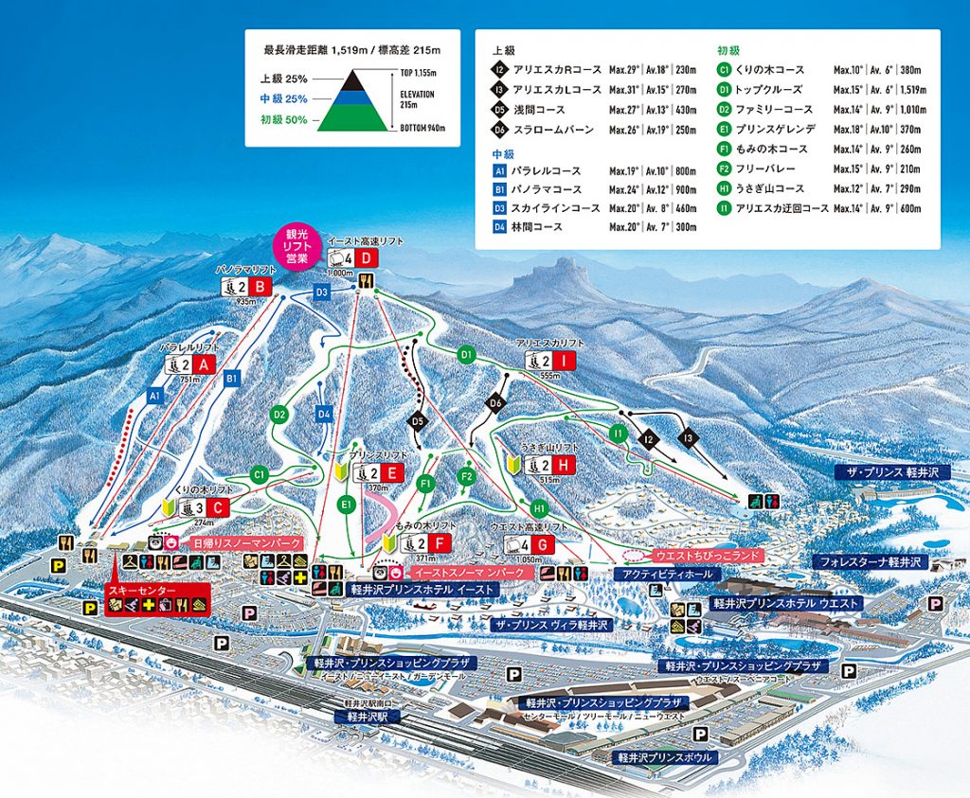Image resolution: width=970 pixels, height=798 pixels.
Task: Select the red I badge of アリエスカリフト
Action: (x=565, y=360)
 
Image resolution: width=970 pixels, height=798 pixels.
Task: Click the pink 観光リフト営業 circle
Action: (x=297, y=247)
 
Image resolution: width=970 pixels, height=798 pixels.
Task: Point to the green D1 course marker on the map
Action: (x=465, y=354)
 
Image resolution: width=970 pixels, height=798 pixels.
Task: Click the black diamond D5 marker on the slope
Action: (x=418, y=420)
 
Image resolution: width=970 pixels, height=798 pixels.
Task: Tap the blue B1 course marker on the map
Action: (x=230, y=379)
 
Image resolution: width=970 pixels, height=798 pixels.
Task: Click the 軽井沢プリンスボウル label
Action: (x=662, y=757)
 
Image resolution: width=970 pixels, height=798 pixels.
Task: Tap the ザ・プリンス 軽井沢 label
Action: (x=887, y=471)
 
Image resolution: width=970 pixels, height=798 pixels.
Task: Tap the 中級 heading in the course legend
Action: (x=502, y=151)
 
